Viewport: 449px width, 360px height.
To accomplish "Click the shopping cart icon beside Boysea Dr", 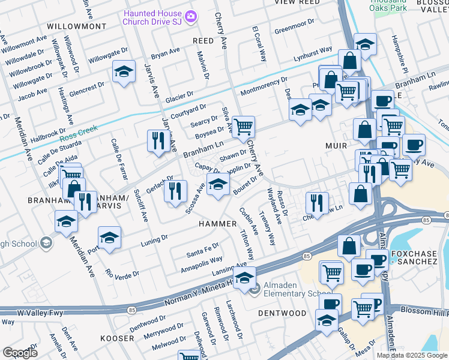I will [x=243, y=127].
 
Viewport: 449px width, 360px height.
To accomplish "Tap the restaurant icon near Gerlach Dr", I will [x=175, y=191].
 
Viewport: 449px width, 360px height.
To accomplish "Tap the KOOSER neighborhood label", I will [x=118, y=338].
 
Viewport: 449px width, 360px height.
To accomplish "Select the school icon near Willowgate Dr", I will [x=123, y=73].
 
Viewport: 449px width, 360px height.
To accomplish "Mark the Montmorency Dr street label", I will [x=264, y=87].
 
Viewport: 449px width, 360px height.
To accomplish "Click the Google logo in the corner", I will [x=20, y=352].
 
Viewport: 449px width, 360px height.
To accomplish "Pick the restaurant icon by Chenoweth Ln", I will [x=316, y=202].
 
